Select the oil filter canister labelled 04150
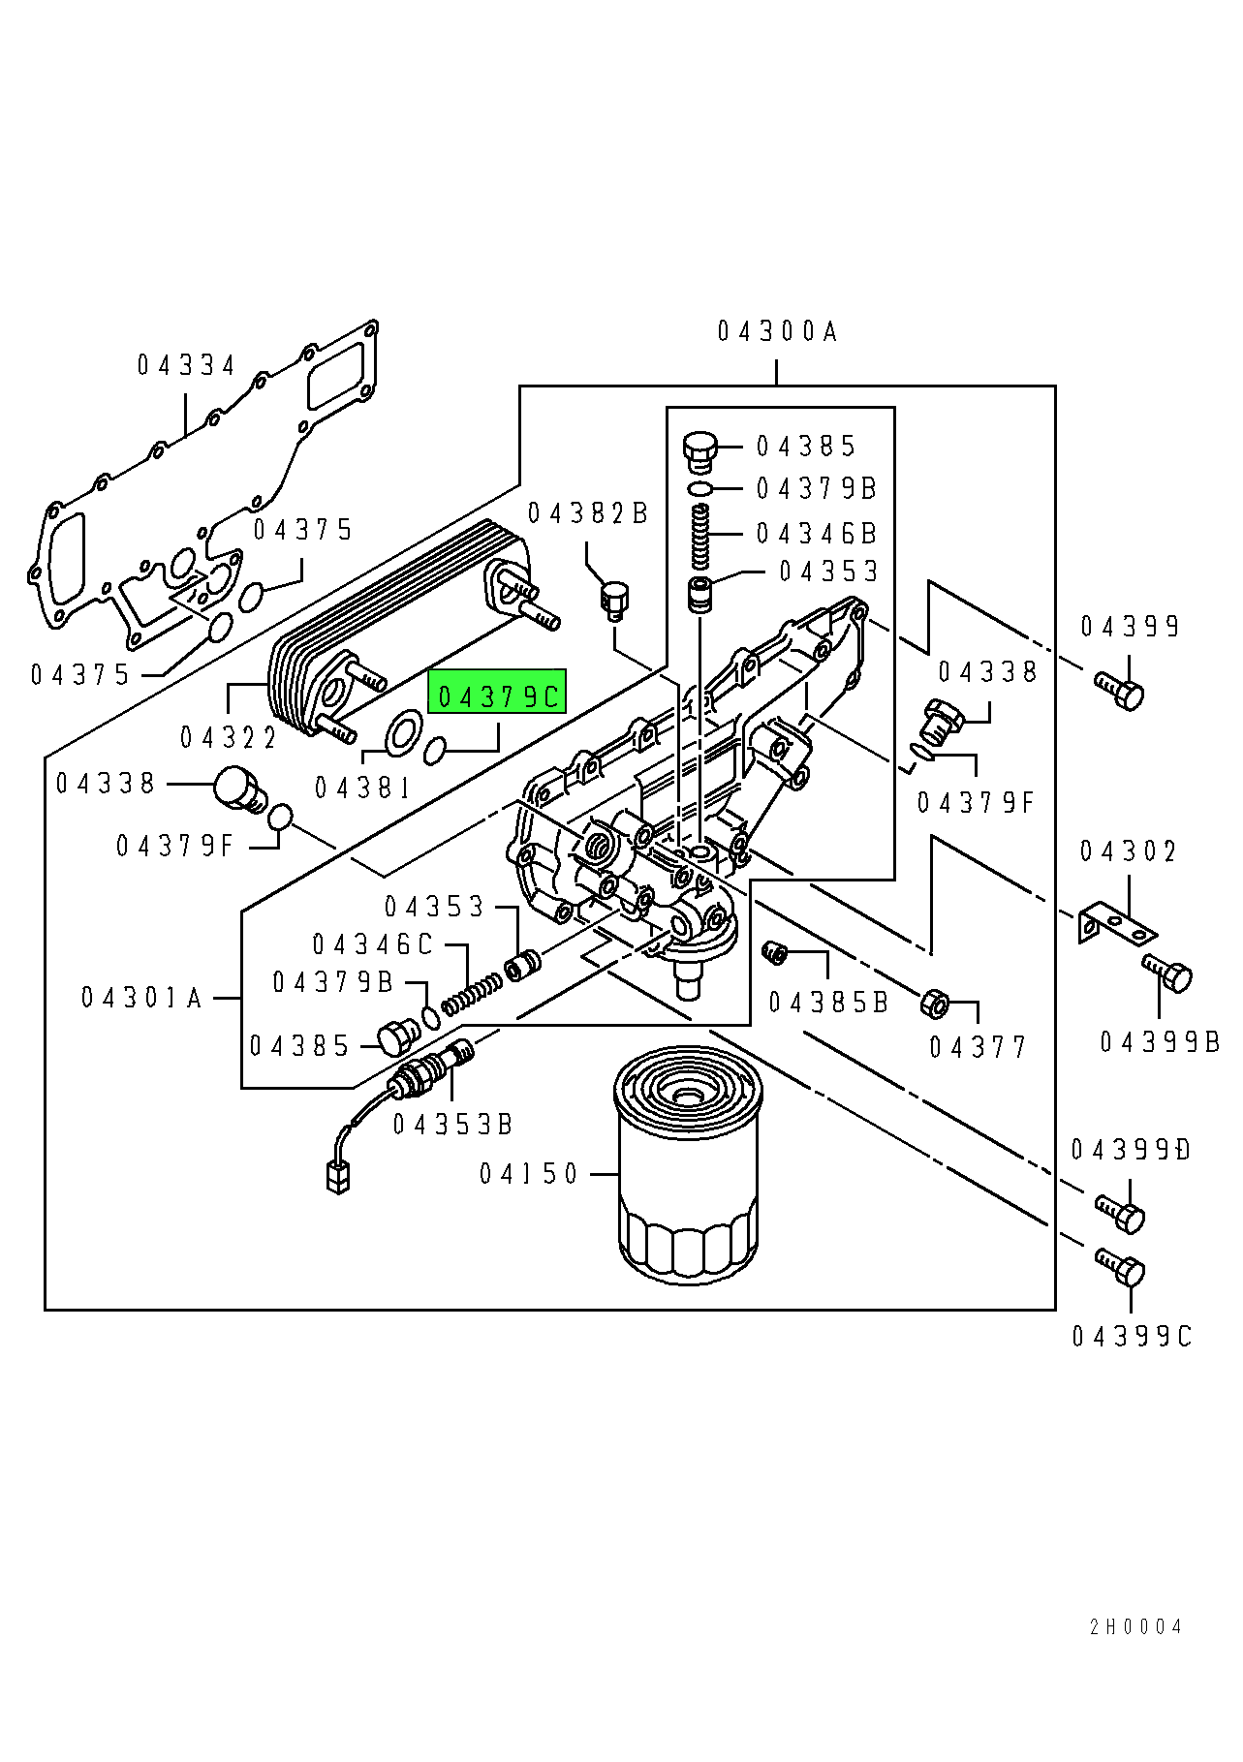click(x=688, y=1165)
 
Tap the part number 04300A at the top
click(x=777, y=332)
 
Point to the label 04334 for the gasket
click(x=186, y=365)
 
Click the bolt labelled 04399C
click(x=1121, y=1268)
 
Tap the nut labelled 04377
click(x=934, y=1004)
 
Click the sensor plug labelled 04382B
click(x=614, y=601)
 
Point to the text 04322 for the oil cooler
click(x=229, y=738)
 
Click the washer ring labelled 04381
click(x=403, y=733)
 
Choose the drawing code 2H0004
click(x=1135, y=1627)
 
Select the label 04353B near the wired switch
click(x=452, y=1125)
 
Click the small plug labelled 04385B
click(x=774, y=953)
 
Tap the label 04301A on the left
click(x=141, y=998)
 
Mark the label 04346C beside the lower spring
click(x=373, y=944)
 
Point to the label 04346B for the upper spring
click(x=816, y=534)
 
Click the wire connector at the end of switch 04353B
click(x=337, y=1175)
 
